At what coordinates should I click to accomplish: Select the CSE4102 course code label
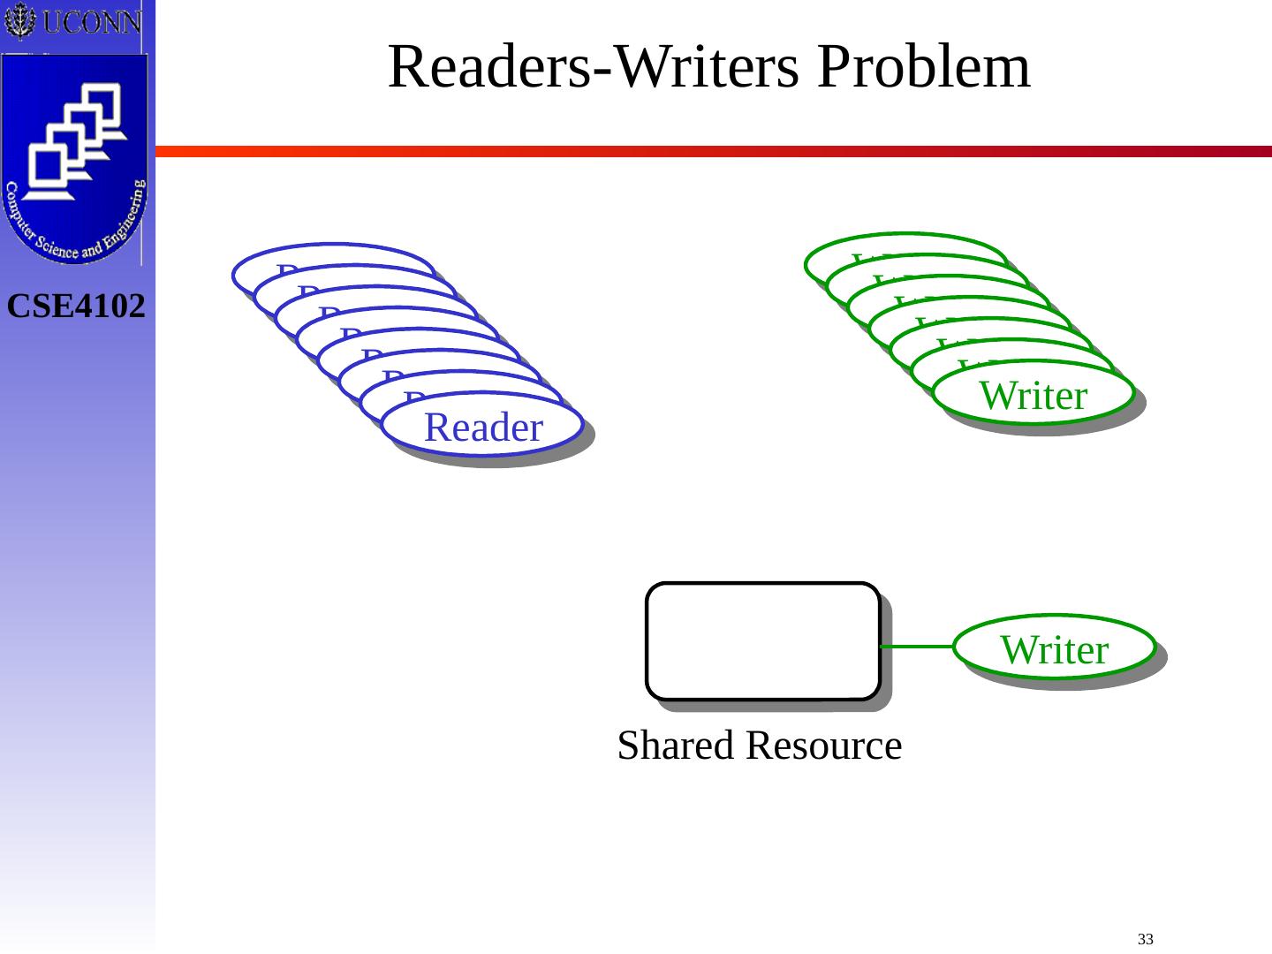(77, 307)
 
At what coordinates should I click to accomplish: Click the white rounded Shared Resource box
(762, 640)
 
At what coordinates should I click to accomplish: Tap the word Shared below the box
(674, 746)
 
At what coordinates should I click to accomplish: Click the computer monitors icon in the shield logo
(75, 141)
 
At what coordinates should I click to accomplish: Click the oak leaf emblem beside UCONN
(19, 21)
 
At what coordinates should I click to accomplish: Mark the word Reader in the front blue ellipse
(483, 428)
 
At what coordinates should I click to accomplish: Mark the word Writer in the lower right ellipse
(1054, 650)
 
